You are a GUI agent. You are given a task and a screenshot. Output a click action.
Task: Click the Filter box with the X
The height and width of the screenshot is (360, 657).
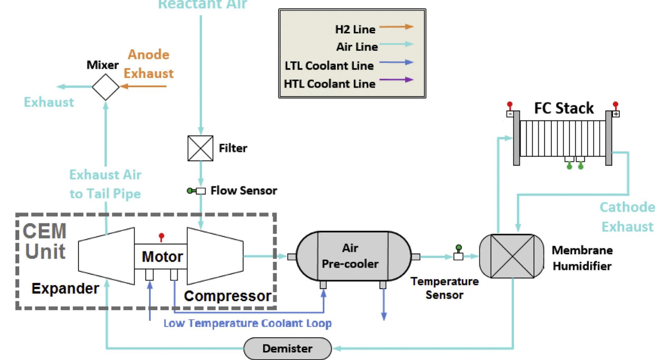(x=200, y=148)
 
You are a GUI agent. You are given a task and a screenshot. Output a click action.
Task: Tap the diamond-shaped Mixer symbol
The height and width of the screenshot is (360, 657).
(x=105, y=87)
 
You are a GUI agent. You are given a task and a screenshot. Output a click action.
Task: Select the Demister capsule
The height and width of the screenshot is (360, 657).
(x=287, y=348)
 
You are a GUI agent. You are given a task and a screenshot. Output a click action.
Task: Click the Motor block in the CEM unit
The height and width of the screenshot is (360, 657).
(x=162, y=257)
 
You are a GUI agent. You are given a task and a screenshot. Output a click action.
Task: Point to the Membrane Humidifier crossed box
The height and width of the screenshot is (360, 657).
(x=512, y=256)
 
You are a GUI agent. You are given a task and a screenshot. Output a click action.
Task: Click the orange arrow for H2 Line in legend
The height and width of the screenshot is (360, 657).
(x=396, y=27)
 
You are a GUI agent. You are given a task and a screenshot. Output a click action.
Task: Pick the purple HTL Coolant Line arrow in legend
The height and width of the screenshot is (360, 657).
(x=396, y=80)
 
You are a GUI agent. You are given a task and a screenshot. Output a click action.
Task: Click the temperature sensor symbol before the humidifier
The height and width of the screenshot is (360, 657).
(x=458, y=253)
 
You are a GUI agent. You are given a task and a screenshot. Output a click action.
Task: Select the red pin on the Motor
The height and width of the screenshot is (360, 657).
(x=161, y=237)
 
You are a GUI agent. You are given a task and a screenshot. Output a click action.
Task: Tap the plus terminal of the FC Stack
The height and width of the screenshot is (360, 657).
(x=616, y=114)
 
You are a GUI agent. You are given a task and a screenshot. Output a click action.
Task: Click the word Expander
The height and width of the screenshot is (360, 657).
(x=65, y=288)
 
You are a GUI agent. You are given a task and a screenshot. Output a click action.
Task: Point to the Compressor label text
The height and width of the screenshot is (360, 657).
(x=227, y=296)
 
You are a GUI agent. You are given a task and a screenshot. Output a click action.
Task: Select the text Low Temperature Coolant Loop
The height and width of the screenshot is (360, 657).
(x=247, y=323)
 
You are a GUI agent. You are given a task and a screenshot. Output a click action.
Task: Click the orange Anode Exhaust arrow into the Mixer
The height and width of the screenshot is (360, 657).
(x=143, y=86)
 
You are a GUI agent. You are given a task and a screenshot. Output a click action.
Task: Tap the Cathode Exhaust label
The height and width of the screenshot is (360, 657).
(x=627, y=217)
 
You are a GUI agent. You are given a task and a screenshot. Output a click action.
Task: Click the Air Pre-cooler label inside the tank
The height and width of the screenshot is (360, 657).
(x=350, y=256)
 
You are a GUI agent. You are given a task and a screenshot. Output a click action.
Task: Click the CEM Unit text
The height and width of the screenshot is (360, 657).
(x=45, y=241)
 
